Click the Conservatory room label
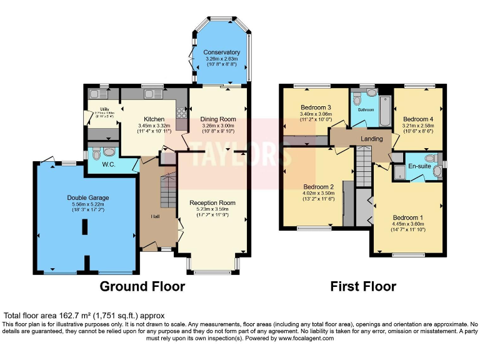[x=221, y=52]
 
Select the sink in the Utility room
[x=97, y=94]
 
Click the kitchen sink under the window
[x=152, y=94]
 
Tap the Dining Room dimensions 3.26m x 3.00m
[x=217, y=126]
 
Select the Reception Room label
[x=212, y=202]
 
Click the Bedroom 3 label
[x=315, y=107]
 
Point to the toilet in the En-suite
[x=430, y=157]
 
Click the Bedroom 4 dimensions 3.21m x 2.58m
[x=418, y=126]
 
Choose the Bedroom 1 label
[x=407, y=217]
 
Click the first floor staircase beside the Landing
[x=364, y=166]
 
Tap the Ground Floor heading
[x=142, y=287]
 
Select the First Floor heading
[x=363, y=287]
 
